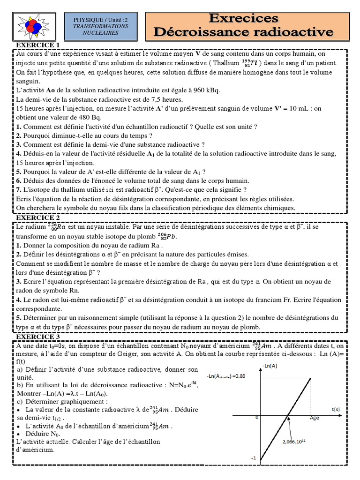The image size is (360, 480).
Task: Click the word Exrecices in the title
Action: pyautogui.click(x=243, y=18)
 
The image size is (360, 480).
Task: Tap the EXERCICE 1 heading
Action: pyautogui.click(x=38, y=45)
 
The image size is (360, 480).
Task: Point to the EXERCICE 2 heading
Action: pyautogui.click(x=38, y=218)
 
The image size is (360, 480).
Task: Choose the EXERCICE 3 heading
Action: pyautogui.click(x=38, y=337)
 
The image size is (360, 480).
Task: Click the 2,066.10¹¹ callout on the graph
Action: pyautogui.click(x=294, y=441)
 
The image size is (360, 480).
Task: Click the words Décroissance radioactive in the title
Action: pyautogui.click(x=244, y=32)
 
